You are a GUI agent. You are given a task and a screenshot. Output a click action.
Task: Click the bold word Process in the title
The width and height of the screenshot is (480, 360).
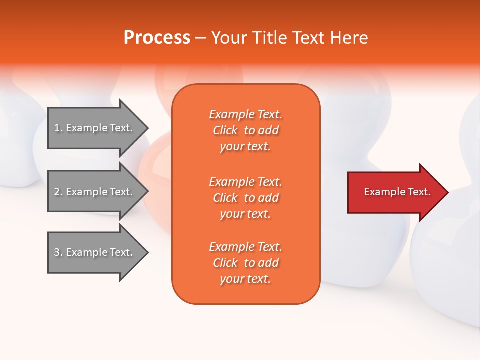[157, 37]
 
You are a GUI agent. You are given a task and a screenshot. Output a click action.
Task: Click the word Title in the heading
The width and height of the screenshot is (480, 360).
[269, 37]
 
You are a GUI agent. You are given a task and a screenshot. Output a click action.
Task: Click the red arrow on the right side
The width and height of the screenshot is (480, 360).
[395, 192]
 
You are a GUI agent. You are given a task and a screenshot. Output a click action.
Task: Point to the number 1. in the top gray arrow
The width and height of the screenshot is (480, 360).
[58, 128]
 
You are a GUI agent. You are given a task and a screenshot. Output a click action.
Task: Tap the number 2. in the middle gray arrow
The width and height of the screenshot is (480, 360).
[58, 192]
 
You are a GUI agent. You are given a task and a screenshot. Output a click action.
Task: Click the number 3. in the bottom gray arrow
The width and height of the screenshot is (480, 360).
[58, 252]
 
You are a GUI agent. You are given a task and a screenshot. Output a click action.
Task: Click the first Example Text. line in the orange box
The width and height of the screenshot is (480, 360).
[245, 114]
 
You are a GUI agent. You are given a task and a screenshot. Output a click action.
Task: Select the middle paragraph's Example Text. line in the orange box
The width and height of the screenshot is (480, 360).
[245, 181]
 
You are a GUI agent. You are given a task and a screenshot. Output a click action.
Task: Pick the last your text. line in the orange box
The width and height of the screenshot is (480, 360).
[245, 279]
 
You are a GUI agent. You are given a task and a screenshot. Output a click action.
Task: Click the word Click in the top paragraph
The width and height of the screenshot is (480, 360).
[225, 130]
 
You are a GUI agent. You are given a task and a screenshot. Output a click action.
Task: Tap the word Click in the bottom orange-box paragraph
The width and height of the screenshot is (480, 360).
[225, 263]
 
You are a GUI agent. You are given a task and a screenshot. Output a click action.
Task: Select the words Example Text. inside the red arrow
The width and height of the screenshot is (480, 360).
[397, 192]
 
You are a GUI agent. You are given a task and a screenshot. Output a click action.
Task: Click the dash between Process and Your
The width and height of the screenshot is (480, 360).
[200, 38]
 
